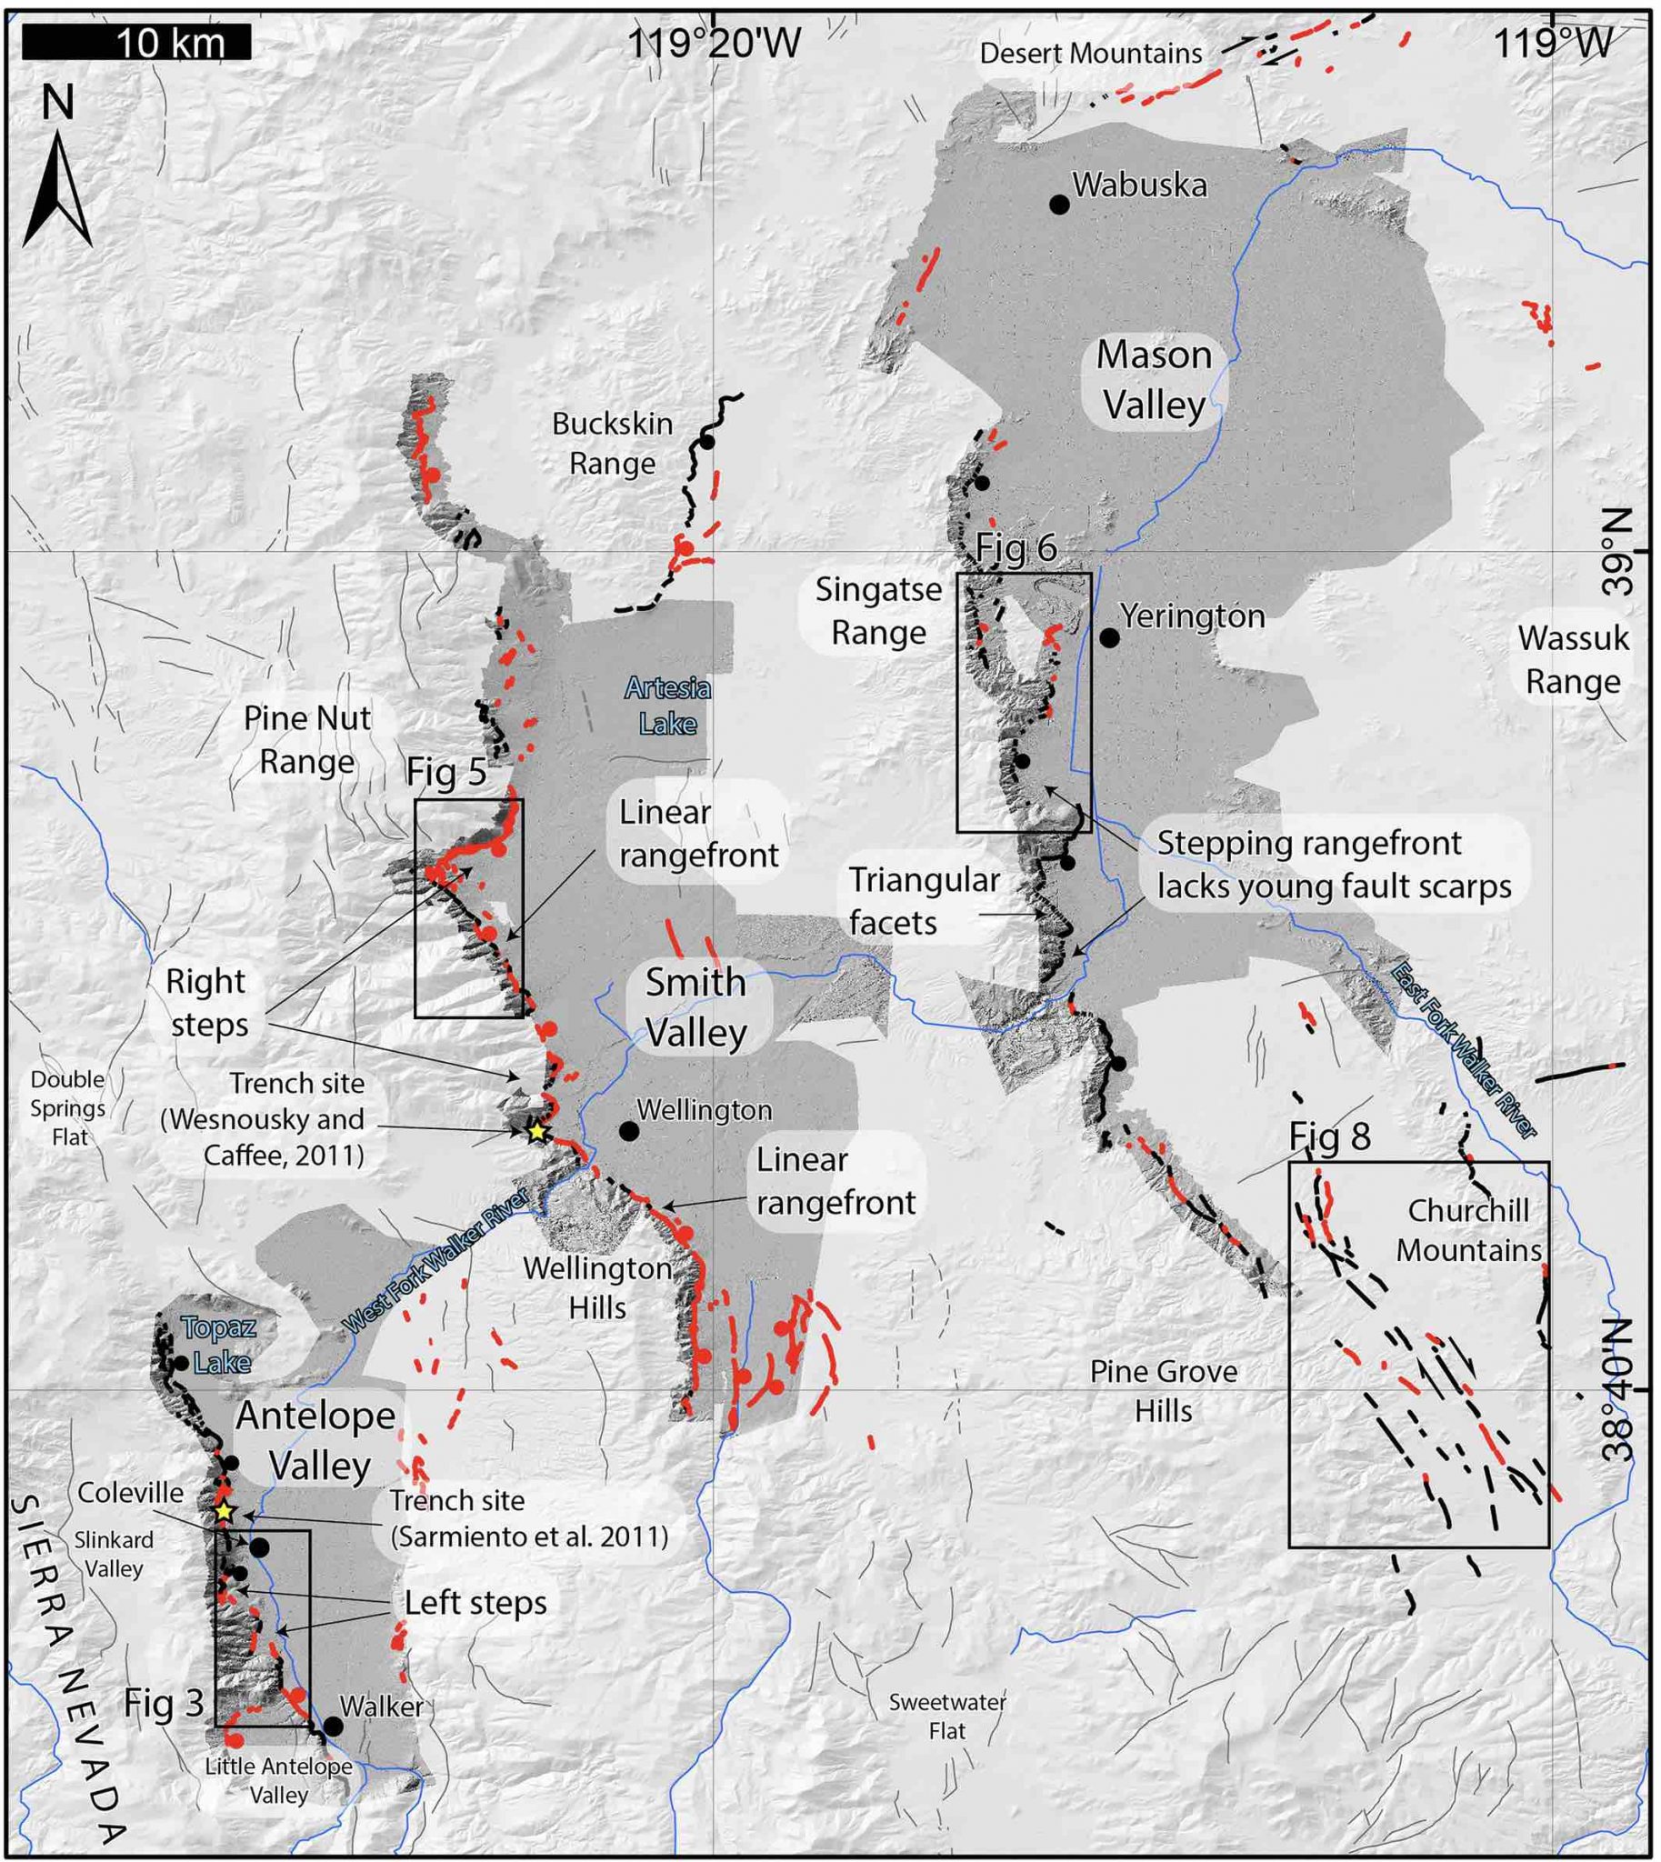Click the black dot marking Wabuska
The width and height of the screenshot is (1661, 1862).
point(1058,205)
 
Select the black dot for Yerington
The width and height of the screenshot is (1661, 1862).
point(1109,638)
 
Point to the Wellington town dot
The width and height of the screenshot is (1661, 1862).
point(629,1131)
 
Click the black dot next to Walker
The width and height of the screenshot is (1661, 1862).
point(333,1726)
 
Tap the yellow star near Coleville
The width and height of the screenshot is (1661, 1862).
point(225,1511)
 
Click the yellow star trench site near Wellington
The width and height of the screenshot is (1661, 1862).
point(536,1132)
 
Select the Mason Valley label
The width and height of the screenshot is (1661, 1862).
point(1155,380)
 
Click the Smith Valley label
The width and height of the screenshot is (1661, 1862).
point(696,1007)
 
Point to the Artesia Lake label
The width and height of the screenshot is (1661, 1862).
point(667,706)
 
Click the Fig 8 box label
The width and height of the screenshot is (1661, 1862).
point(1329,1136)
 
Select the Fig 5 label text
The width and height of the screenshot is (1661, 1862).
point(446,773)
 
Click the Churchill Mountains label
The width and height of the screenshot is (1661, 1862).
point(1468,1230)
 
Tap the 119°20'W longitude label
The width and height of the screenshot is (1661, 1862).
point(715,43)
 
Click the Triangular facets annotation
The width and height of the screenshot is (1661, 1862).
point(923,901)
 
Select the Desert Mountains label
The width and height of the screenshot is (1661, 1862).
point(1091,53)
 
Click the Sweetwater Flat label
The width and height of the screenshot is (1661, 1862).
point(947,1716)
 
